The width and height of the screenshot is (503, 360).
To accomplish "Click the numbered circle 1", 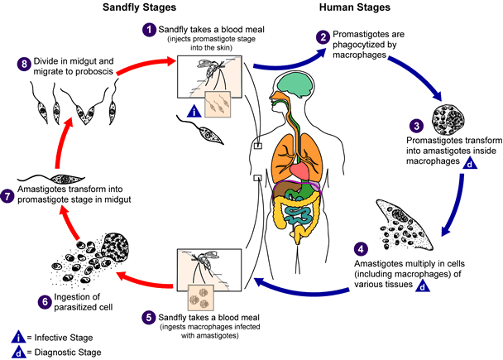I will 149,30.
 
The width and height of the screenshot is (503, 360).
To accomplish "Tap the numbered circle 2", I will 323,36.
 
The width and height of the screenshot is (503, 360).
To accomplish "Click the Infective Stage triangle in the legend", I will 17,336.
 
